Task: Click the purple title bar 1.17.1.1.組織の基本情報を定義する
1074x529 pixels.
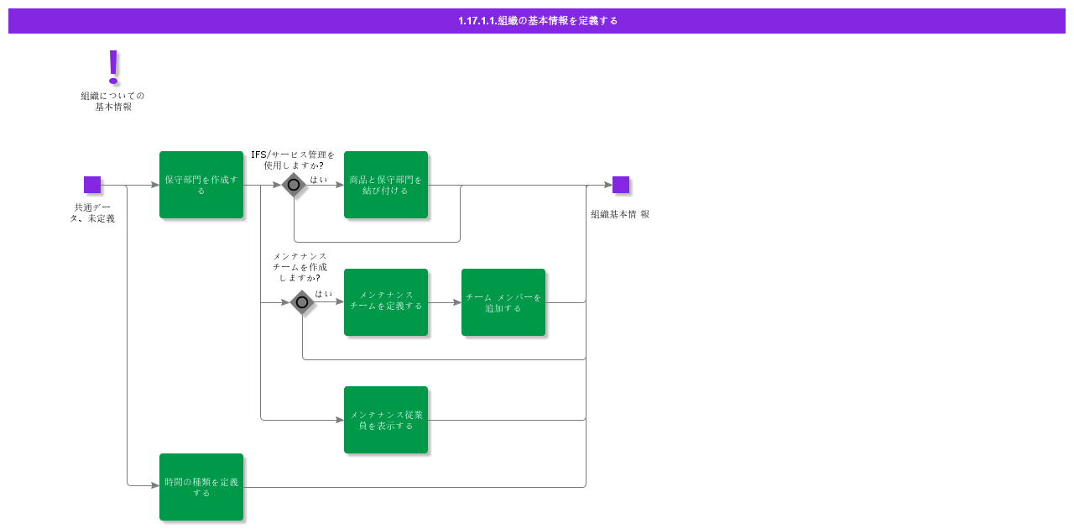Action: (x=537, y=21)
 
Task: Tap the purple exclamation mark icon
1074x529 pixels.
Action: (x=113, y=67)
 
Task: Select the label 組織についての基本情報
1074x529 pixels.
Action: (x=112, y=102)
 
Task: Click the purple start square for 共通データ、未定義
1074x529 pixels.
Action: (x=92, y=185)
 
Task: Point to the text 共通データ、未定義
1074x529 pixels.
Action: (x=92, y=213)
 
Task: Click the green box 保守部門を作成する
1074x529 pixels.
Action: (x=201, y=185)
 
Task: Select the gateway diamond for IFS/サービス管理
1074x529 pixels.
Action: (x=294, y=185)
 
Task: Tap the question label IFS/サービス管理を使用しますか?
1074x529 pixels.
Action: (x=293, y=160)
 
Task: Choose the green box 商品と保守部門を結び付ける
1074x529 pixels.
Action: (x=386, y=185)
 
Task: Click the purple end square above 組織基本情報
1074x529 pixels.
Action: (x=621, y=185)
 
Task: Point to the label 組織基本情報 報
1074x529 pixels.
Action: (x=619, y=214)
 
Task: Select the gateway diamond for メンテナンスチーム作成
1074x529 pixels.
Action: (x=302, y=302)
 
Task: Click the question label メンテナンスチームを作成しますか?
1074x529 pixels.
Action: (x=300, y=267)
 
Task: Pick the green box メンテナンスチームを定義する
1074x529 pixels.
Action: (x=386, y=302)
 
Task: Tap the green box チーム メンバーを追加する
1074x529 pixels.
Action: (x=503, y=302)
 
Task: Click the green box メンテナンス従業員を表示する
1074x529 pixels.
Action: (x=386, y=420)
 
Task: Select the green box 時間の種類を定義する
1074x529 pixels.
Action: (x=201, y=487)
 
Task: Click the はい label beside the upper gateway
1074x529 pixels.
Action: (x=319, y=180)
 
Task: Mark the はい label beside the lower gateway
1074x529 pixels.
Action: (x=324, y=294)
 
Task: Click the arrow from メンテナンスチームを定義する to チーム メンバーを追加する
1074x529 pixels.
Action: (x=445, y=302)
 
